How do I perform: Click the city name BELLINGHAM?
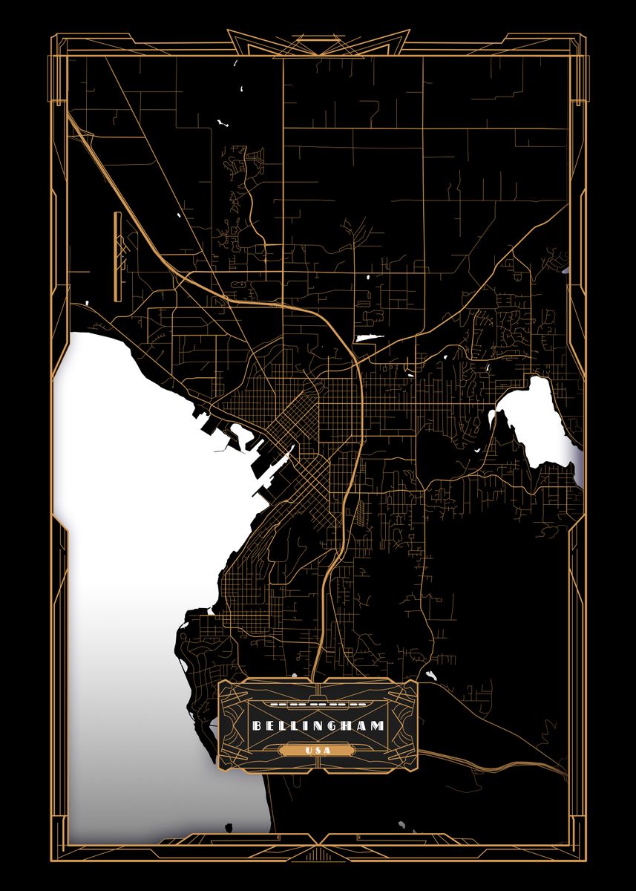click(x=318, y=725)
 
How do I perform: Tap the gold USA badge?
click(x=318, y=750)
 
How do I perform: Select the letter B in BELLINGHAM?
click(x=256, y=725)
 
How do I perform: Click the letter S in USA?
click(x=318, y=750)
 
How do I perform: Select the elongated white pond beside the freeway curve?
click(x=369, y=339)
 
